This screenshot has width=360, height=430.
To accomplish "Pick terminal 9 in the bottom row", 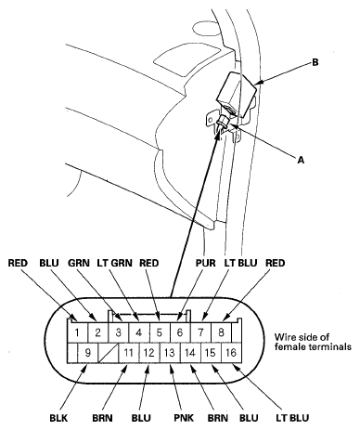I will (x=86, y=353).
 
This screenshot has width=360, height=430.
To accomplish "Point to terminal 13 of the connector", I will (x=170, y=353).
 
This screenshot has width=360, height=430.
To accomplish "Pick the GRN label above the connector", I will (x=78, y=263).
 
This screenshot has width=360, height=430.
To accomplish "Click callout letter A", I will (x=300, y=159).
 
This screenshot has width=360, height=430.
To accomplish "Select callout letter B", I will (x=315, y=63).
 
